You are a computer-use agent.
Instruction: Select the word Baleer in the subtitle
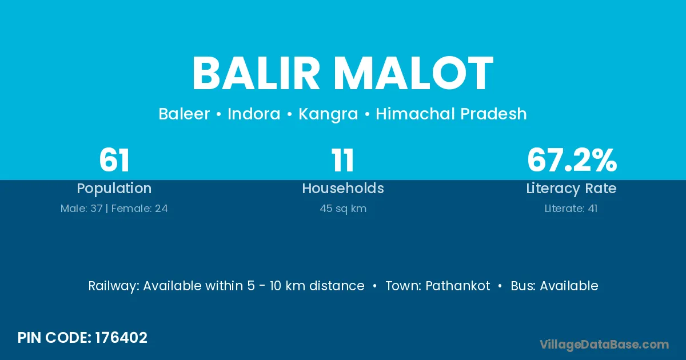(184, 114)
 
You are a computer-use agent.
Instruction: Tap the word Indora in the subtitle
(254, 114)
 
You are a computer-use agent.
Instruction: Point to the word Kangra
(328, 114)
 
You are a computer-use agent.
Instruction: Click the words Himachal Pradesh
(451, 114)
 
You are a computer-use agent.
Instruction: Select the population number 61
(114, 160)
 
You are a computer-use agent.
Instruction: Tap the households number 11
(342, 160)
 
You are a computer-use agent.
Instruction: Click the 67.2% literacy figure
(572, 160)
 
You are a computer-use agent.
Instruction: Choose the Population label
(114, 189)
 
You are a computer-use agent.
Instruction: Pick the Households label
(343, 188)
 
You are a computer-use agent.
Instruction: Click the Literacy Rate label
(571, 189)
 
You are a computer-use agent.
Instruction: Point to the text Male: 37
(81, 209)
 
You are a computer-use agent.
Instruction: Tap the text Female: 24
(139, 209)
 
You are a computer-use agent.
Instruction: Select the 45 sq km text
(343, 209)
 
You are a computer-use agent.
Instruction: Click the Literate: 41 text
(571, 209)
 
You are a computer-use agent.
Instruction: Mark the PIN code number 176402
(121, 338)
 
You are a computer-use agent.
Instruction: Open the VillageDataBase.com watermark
(604, 345)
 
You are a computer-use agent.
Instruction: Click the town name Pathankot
(457, 286)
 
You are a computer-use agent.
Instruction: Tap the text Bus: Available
(555, 286)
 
